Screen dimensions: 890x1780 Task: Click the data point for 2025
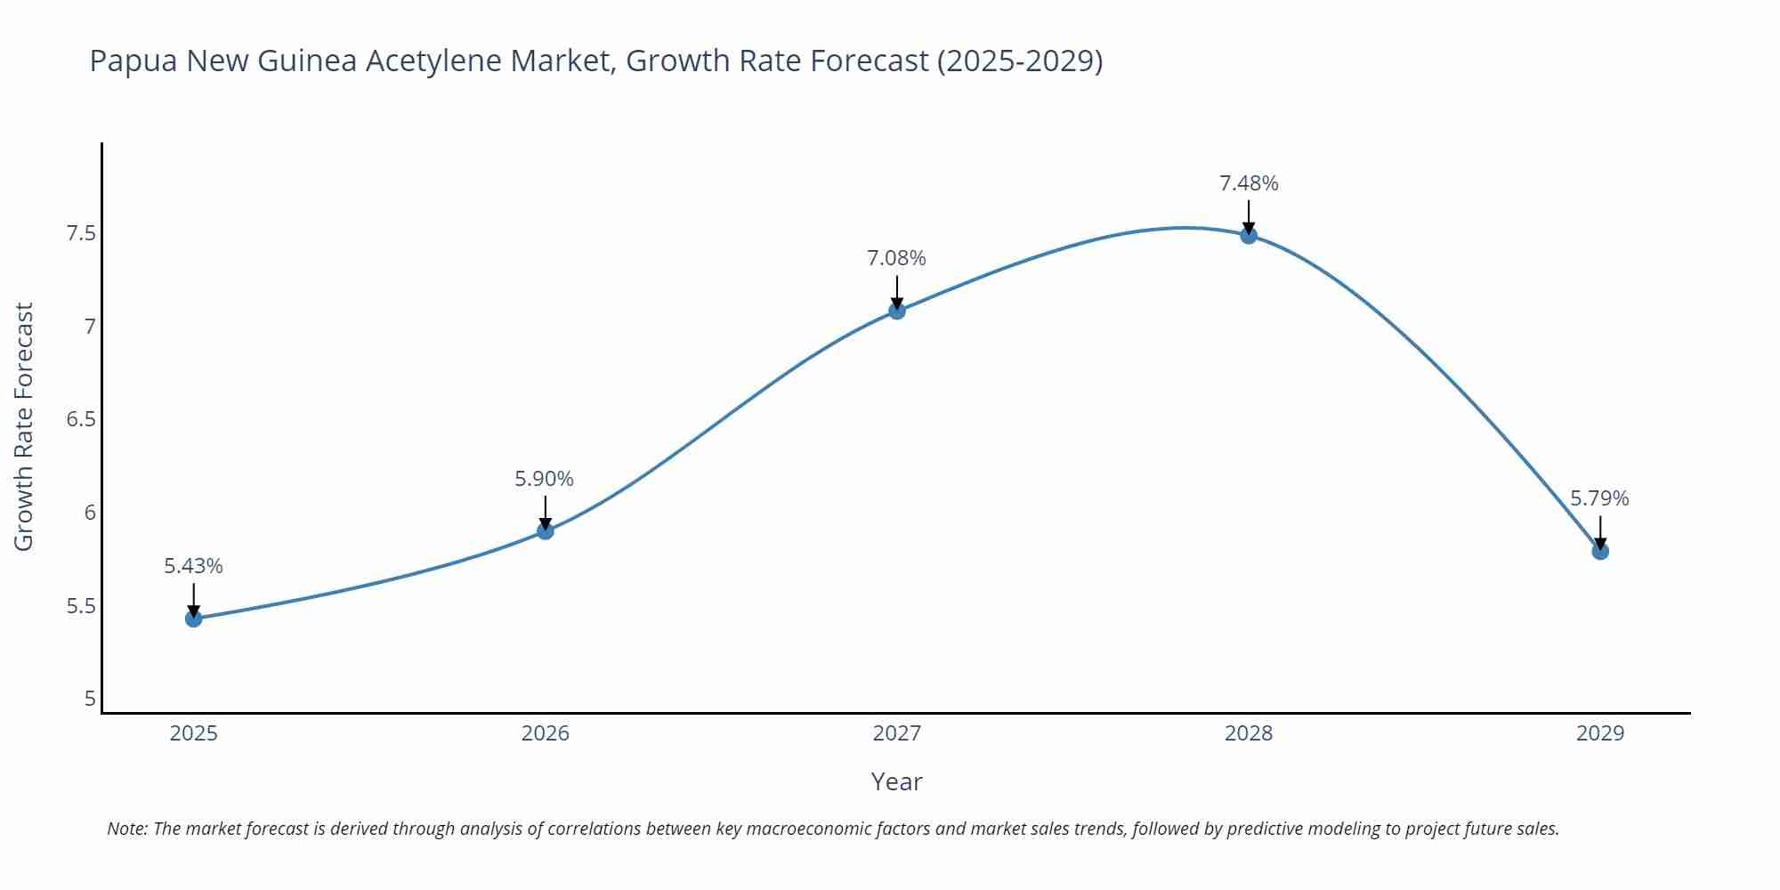click(194, 619)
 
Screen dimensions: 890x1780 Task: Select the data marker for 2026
click(546, 531)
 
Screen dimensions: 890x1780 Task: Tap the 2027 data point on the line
click(897, 311)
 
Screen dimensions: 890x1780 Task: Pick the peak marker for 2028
click(1249, 236)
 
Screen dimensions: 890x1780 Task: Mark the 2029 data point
click(1600, 552)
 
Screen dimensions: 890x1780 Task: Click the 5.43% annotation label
click(194, 566)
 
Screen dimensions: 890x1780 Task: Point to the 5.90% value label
click(545, 479)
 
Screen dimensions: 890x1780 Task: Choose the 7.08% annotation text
click(896, 258)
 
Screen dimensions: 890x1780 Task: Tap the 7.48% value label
click(1249, 183)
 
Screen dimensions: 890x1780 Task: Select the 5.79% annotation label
click(1599, 498)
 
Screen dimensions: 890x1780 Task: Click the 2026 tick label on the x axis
click(546, 733)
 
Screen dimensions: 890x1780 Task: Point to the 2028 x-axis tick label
click(1249, 733)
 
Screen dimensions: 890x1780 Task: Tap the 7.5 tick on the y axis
click(81, 234)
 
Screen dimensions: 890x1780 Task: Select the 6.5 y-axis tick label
click(81, 419)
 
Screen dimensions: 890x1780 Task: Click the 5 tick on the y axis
click(90, 699)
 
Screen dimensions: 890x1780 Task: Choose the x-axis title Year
click(896, 781)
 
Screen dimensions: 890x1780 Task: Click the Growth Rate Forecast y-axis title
click(24, 426)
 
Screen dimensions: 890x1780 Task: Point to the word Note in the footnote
click(126, 829)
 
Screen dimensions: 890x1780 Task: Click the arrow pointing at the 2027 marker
click(897, 292)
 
